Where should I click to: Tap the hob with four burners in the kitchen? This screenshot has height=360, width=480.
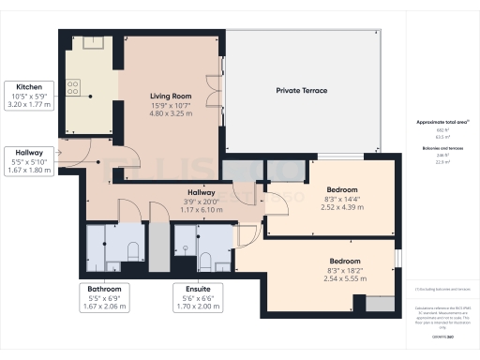pyautogui.click(x=73, y=88)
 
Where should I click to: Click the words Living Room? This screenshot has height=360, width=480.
pyautogui.click(x=170, y=96)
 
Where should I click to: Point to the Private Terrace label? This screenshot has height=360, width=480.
pyautogui.click(x=301, y=91)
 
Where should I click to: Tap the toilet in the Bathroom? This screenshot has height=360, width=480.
pyautogui.click(x=132, y=249)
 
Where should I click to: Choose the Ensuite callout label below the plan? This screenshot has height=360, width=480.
pyautogui.click(x=198, y=290)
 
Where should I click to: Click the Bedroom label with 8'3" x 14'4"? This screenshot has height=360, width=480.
pyautogui.click(x=340, y=189)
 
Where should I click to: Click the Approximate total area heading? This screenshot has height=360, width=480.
pyautogui.click(x=439, y=122)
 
